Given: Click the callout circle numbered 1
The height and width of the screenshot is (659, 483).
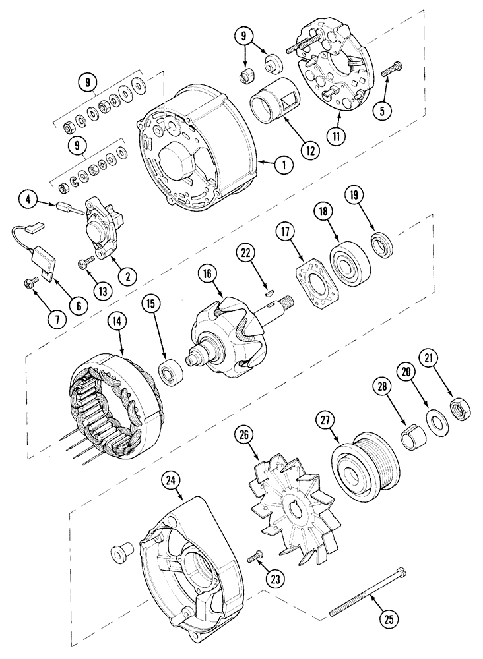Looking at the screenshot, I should click(x=284, y=165).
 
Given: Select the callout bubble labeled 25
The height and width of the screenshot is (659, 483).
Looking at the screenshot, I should click(x=391, y=619).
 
